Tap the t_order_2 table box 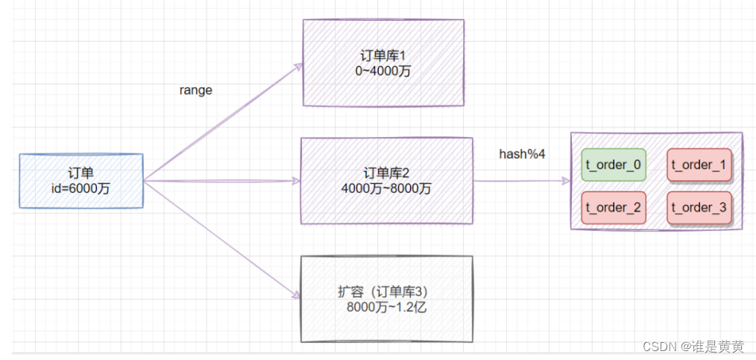(x=613, y=207)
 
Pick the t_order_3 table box (x=699, y=207)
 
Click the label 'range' (x=195, y=90)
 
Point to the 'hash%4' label (x=522, y=154)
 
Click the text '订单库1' (x=383, y=57)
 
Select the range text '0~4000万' (x=383, y=72)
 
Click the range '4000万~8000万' (x=386, y=189)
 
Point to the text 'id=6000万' (x=80, y=189)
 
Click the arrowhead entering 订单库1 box (x=297, y=67)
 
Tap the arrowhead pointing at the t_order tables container (x=564, y=180)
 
